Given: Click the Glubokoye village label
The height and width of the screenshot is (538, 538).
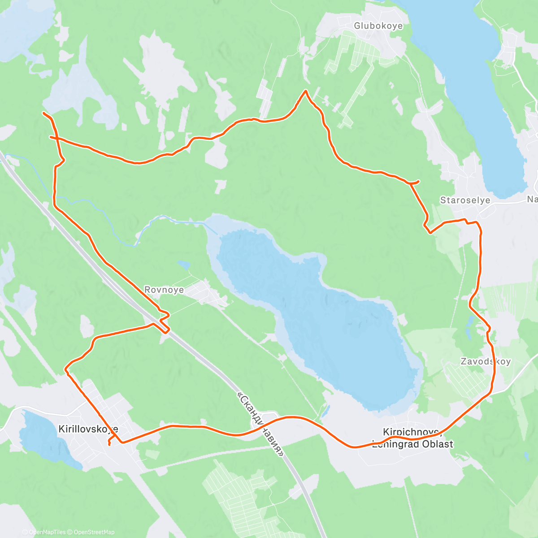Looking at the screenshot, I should (x=378, y=26).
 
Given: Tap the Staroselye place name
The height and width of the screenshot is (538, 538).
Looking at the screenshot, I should (x=465, y=200).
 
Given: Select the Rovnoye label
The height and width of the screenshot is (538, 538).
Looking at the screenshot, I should (x=164, y=290).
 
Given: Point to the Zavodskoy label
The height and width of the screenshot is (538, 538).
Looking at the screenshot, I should (x=486, y=361).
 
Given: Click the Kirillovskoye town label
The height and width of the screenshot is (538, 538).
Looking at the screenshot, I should (x=88, y=429).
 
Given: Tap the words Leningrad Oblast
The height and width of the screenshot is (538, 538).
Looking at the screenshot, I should (x=412, y=444).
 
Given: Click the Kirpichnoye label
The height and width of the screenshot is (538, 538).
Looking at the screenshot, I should (x=410, y=432).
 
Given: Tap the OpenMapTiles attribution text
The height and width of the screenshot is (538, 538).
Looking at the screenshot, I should (x=47, y=532).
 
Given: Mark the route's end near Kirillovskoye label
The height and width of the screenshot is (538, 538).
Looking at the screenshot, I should (x=109, y=444).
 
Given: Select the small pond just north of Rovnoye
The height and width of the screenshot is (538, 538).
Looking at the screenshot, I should (x=183, y=265).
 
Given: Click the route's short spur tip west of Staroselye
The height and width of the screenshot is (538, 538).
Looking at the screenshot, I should (x=418, y=181).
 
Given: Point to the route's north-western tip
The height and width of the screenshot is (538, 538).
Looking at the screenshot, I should (x=43, y=113).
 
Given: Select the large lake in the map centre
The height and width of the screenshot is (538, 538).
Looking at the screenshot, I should (x=314, y=314).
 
